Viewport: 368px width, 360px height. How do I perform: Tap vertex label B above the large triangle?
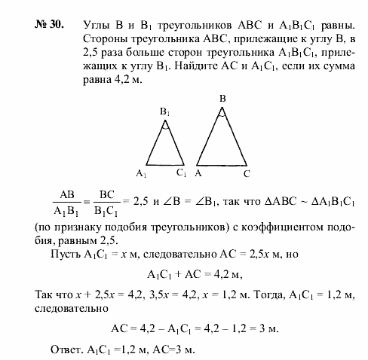(222, 99)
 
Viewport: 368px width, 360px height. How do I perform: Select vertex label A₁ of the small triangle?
(141, 172)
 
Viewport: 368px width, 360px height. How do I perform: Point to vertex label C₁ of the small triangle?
(181, 172)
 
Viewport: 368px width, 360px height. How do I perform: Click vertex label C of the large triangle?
(246, 173)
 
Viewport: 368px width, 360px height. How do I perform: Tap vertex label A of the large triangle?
(198, 173)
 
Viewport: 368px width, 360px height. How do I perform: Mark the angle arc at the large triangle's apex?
(222, 115)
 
